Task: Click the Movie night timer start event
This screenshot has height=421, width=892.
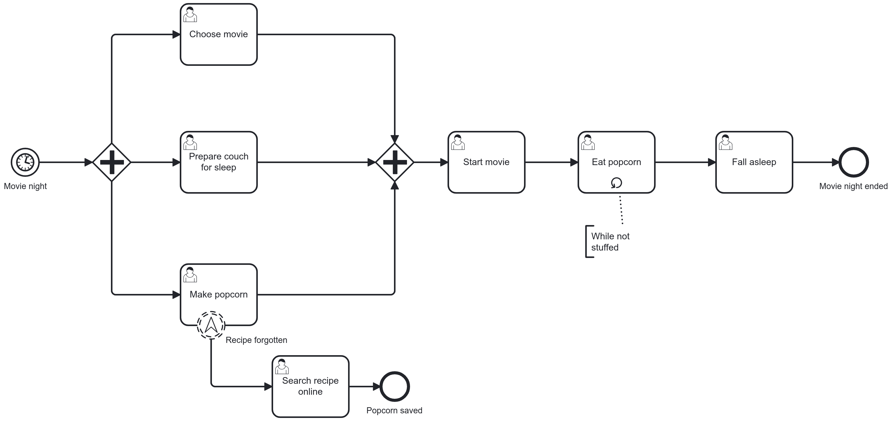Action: click(x=25, y=162)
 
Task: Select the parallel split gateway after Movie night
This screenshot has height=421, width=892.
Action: click(x=111, y=162)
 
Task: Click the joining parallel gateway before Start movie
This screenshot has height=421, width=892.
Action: click(x=394, y=162)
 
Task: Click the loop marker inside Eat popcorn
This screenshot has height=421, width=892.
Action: click(x=616, y=183)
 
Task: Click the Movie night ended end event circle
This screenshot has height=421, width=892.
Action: click(x=853, y=162)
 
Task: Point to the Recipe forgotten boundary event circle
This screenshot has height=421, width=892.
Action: click(x=211, y=325)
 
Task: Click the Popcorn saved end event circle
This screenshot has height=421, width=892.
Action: click(x=394, y=386)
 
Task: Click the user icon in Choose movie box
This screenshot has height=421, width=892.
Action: click(x=190, y=15)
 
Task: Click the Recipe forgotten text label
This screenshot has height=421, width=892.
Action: click(x=256, y=340)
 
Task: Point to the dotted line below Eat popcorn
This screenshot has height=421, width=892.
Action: click(x=621, y=210)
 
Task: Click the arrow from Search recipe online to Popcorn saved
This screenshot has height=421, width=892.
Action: click(x=364, y=386)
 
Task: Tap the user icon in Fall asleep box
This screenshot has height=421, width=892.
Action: click(x=725, y=142)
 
